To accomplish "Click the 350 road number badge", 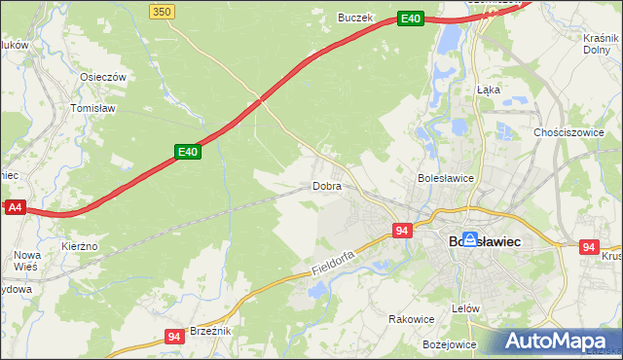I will pyautogui.click(x=163, y=11).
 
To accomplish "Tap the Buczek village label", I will pyautogui.click(x=355, y=17).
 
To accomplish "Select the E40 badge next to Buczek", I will pyautogui.click(x=411, y=18).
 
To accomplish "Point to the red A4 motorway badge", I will pyautogui.click(x=15, y=207).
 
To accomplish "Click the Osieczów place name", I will pyautogui.click(x=104, y=77).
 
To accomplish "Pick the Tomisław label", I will pyautogui.click(x=94, y=109).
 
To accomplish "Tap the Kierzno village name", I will pyautogui.click(x=80, y=246).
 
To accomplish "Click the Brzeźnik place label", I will pyautogui.click(x=210, y=331).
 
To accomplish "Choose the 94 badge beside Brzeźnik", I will pyautogui.click(x=174, y=337).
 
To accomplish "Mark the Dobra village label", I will pyautogui.click(x=326, y=185).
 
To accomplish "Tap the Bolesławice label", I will pyautogui.click(x=445, y=178).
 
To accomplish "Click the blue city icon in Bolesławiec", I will pyautogui.click(x=470, y=238).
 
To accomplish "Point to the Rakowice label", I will pyautogui.click(x=411, y=318).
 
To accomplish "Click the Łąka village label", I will pyautogui.click(x=489, y=89).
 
